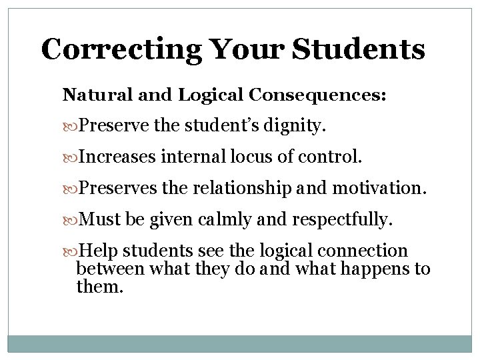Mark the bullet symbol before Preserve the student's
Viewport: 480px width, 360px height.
tap(73, 124)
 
